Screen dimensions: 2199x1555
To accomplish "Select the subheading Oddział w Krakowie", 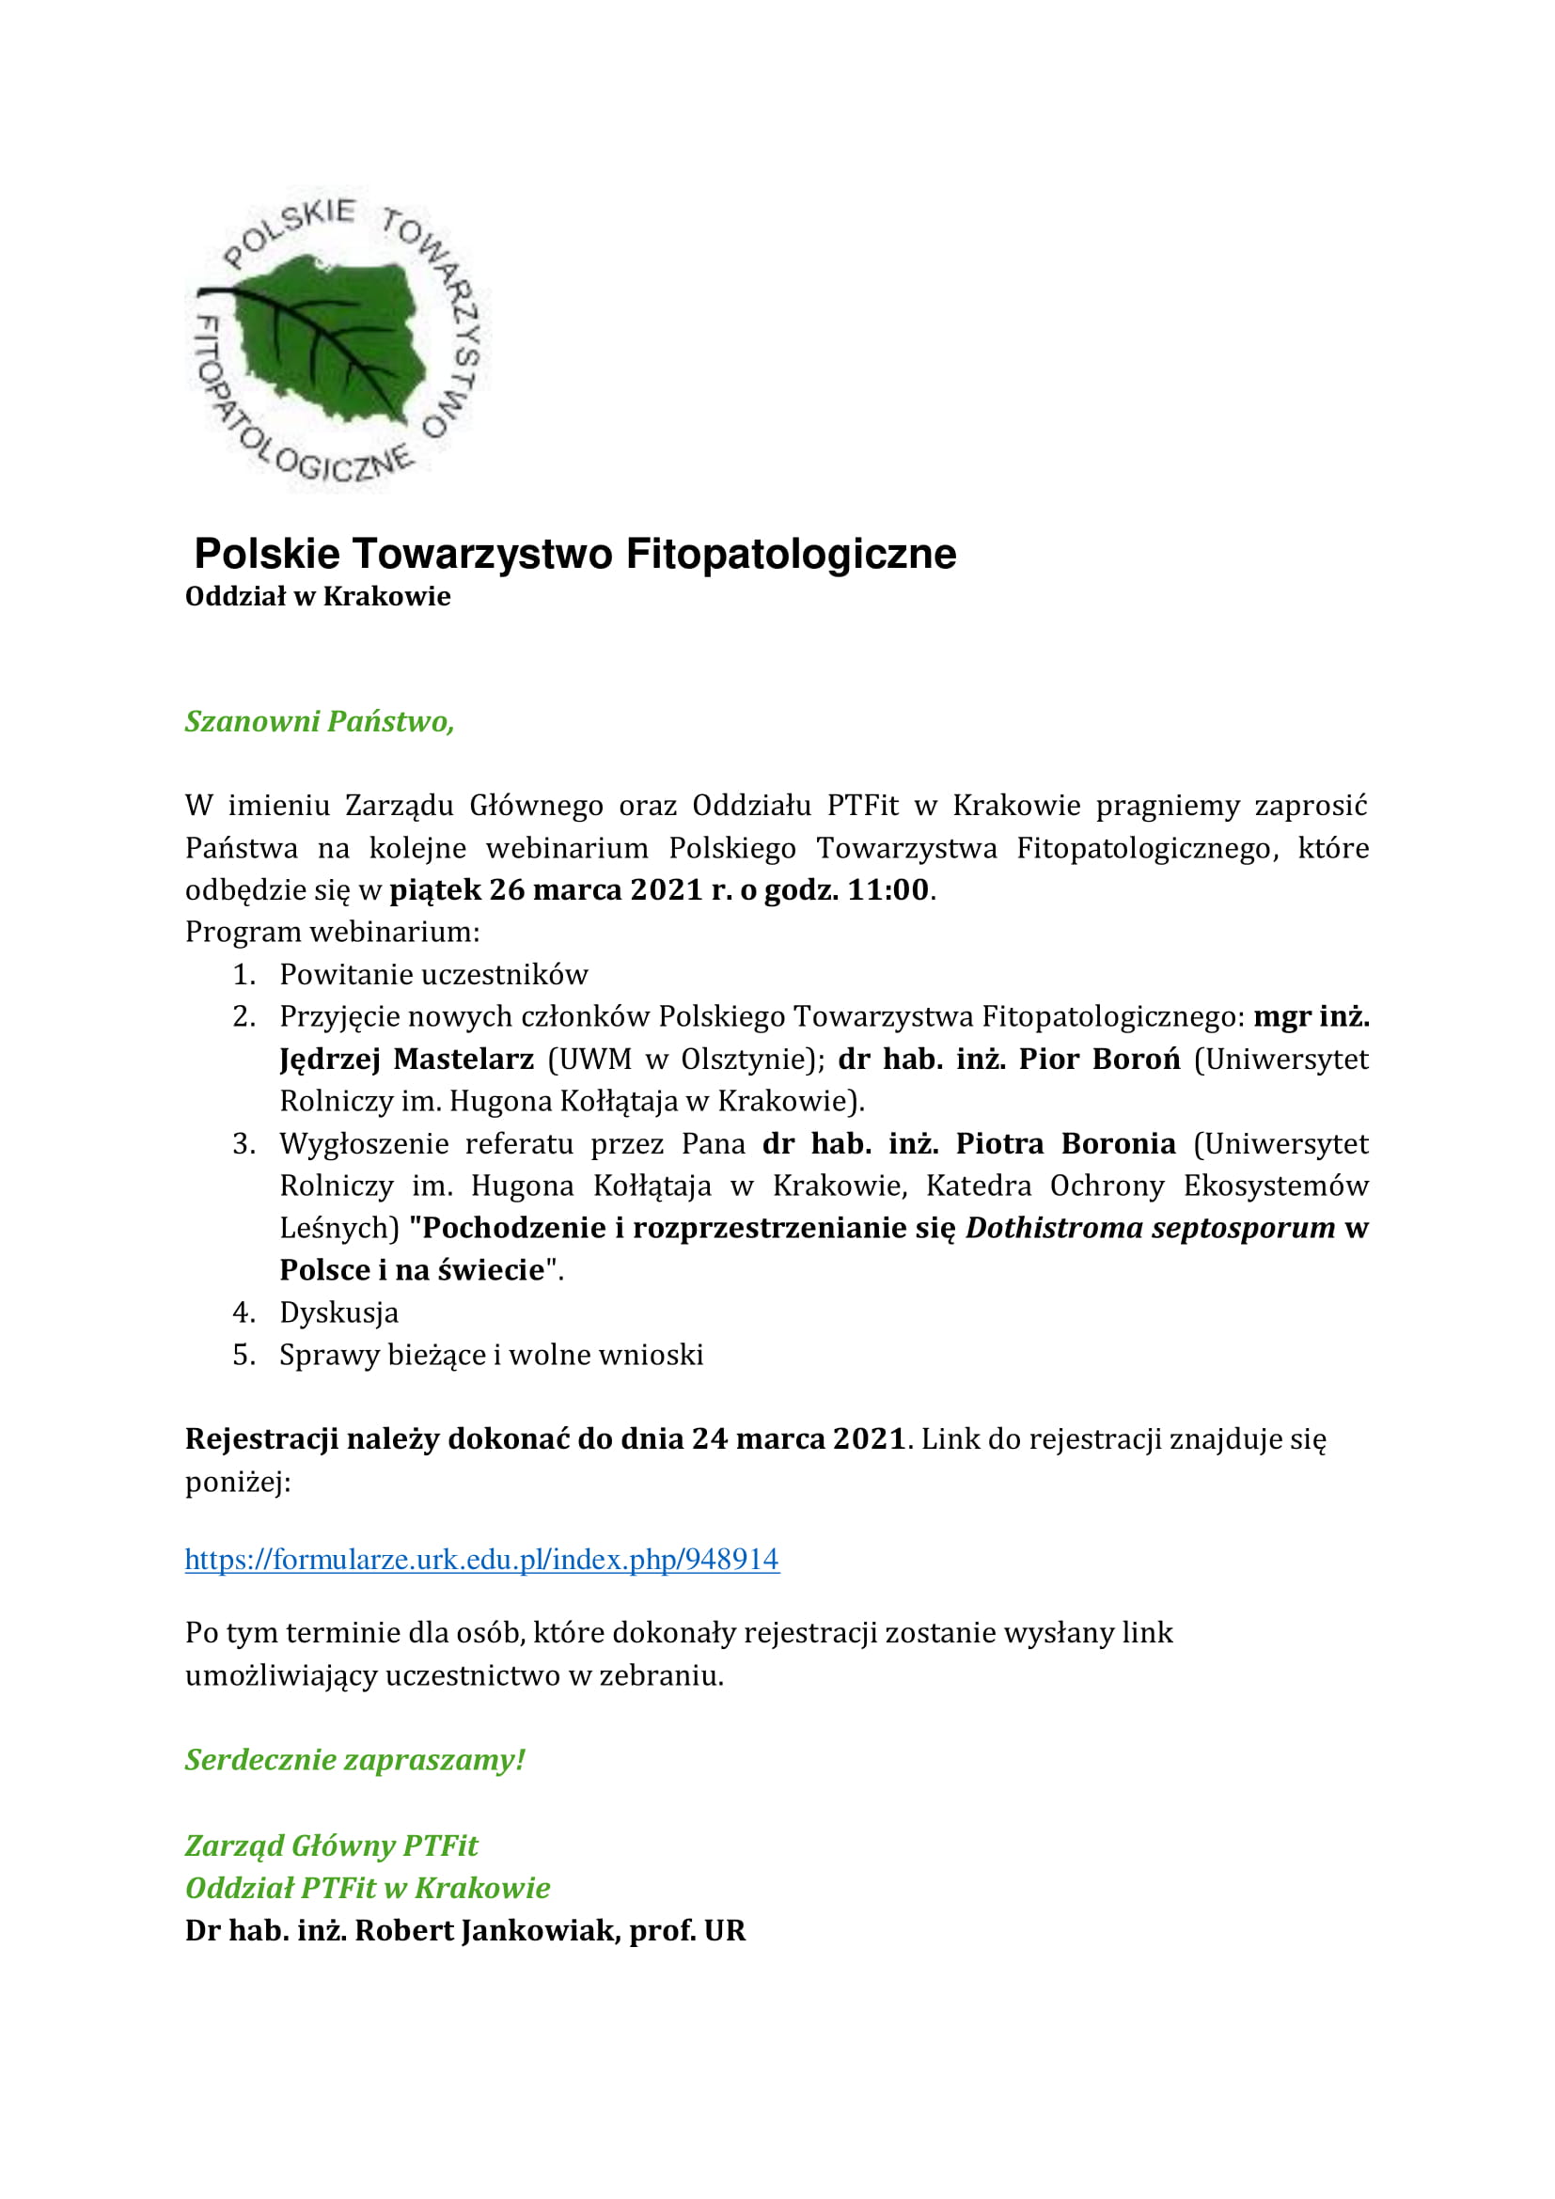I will point(317,597).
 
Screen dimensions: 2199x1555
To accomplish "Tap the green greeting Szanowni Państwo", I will point(319,721).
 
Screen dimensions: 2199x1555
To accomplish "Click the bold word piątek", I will point(434,889).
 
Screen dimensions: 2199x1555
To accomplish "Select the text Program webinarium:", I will point(332,932).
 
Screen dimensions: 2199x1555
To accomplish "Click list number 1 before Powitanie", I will point(243,975).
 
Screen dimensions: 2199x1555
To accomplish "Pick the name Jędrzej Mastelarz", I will point(406,1060).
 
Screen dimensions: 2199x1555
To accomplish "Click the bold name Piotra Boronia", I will point(1066,1143).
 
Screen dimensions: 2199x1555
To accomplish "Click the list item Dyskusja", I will point(338,1313).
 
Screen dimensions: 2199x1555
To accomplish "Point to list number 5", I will point(243,1356).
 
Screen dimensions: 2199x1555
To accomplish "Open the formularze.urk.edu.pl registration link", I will point(481,1559).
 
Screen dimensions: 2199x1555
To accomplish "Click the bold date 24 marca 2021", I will point(798,1439).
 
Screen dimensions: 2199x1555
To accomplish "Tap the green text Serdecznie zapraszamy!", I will point(355,1760).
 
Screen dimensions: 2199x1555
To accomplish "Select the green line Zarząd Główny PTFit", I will point(331,1846).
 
